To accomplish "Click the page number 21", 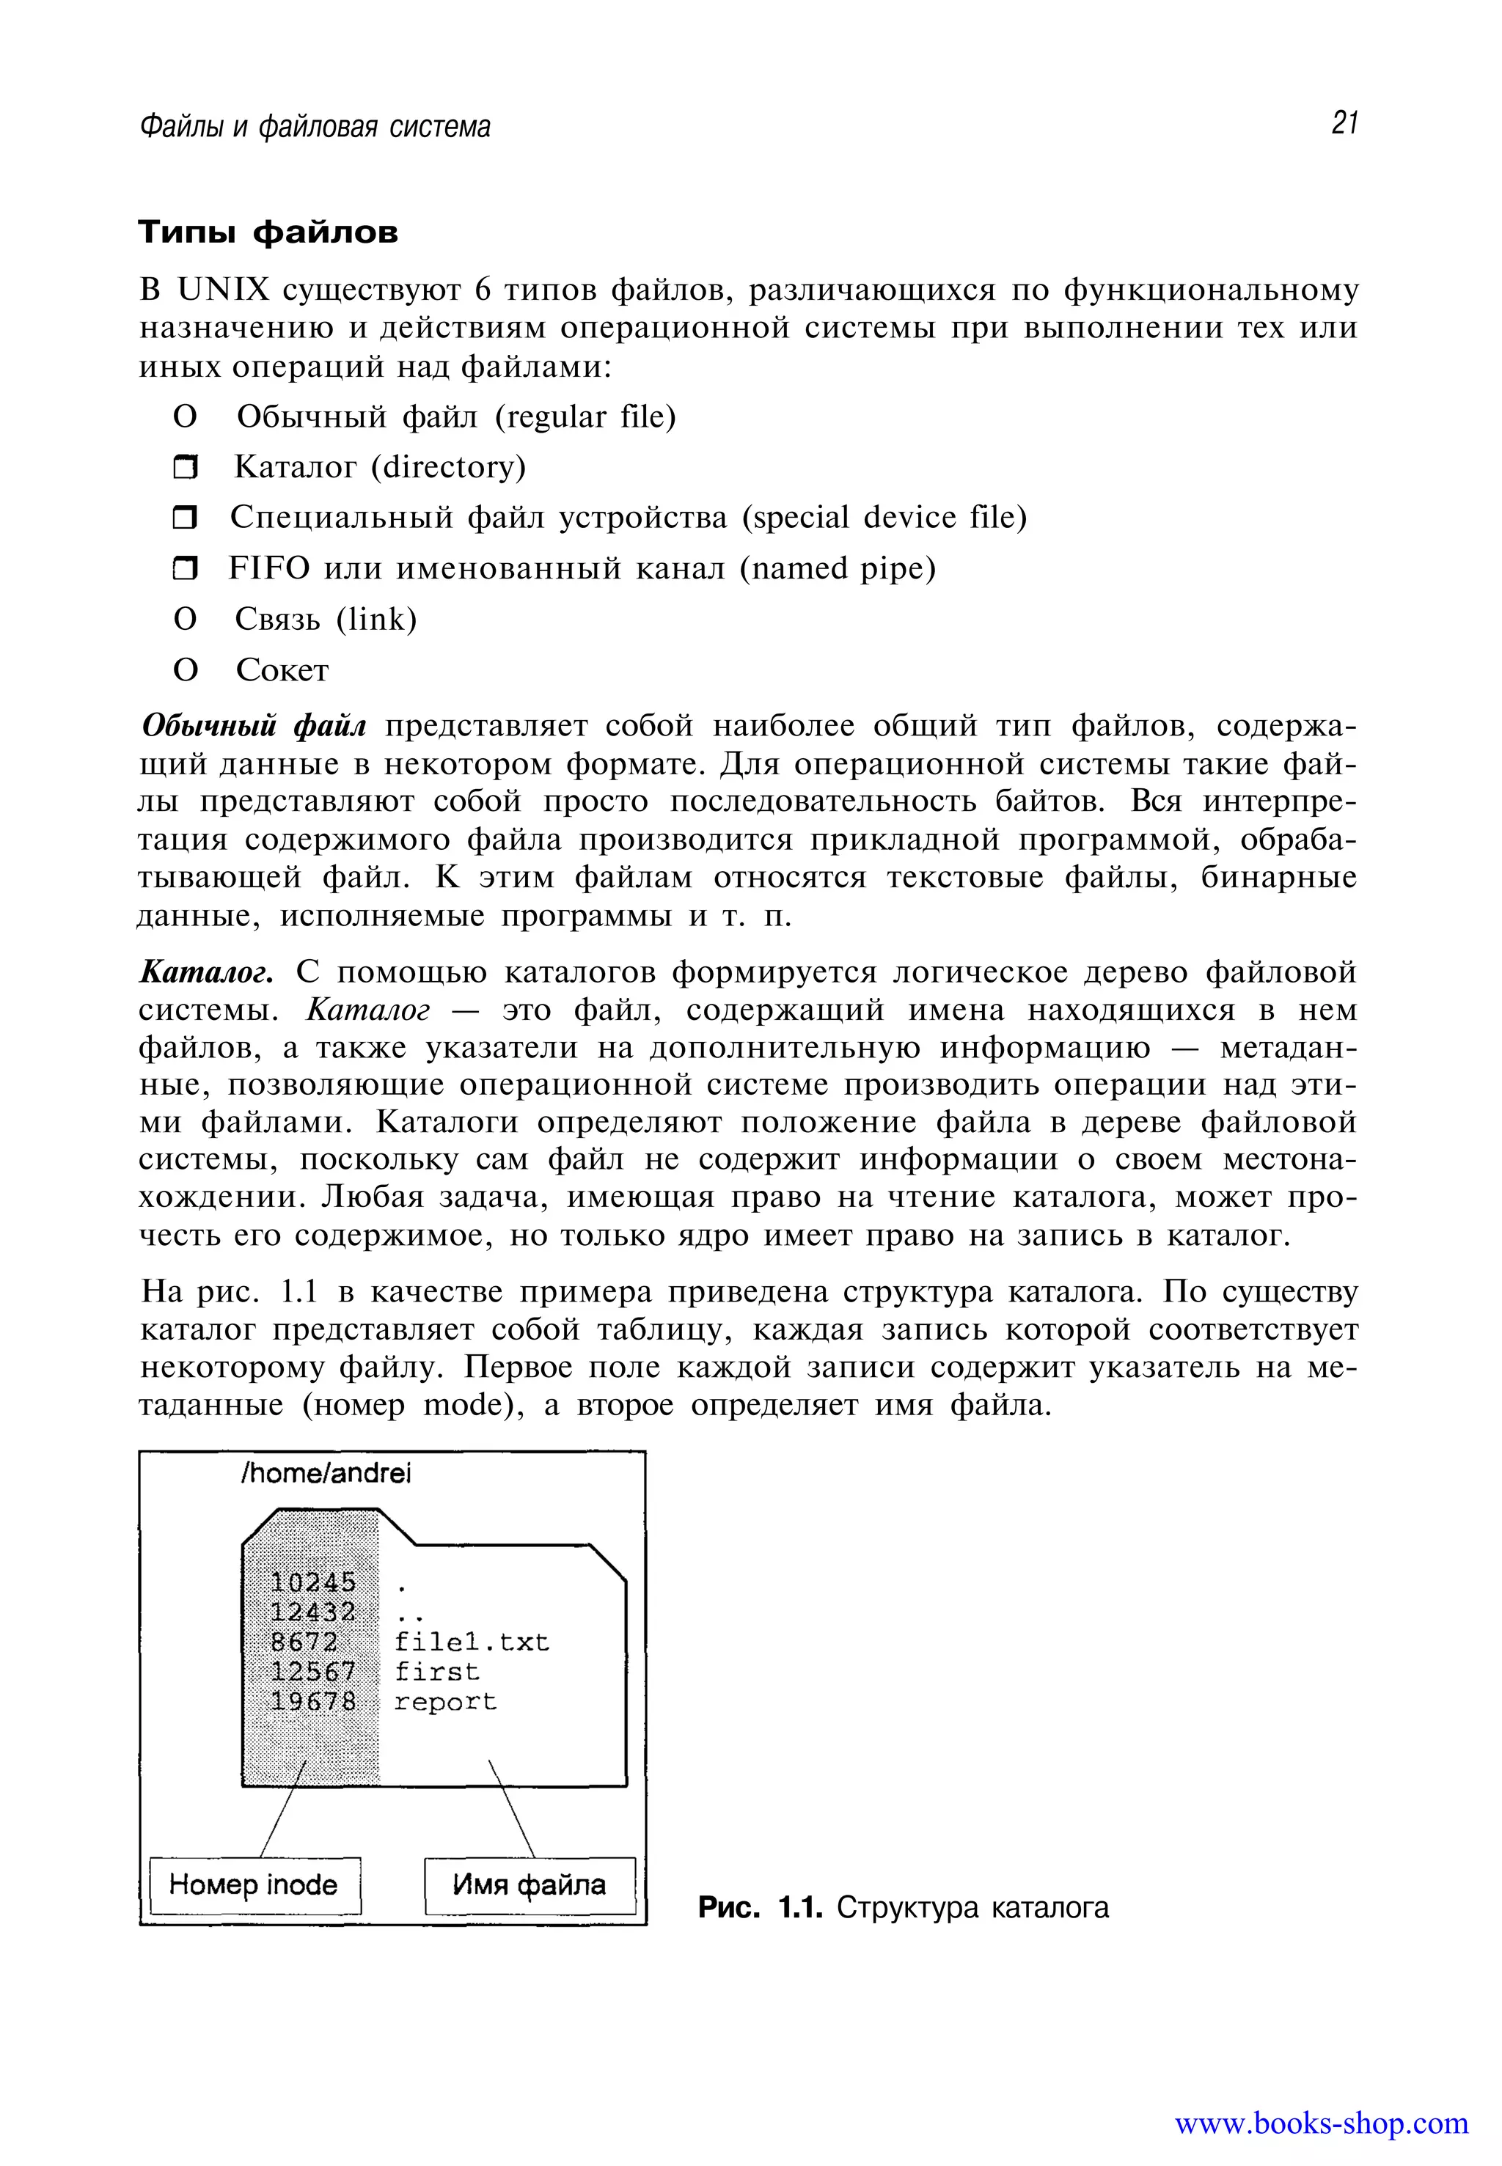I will coord(1344,123).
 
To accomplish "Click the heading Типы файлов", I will coord(268,232).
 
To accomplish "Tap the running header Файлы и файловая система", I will coord(315,126).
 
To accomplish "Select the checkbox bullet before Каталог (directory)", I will coord(186,468).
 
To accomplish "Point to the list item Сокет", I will coord(282,670).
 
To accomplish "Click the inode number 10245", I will coord(312,1582).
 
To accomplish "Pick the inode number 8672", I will coord(303,1642).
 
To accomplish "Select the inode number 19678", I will coord(312,1701).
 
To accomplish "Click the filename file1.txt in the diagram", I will coord(471,1642).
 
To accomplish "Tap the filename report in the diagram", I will coord(444,1701).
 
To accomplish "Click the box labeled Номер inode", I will coord(254,1884).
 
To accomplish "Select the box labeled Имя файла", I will coord(529,1884).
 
